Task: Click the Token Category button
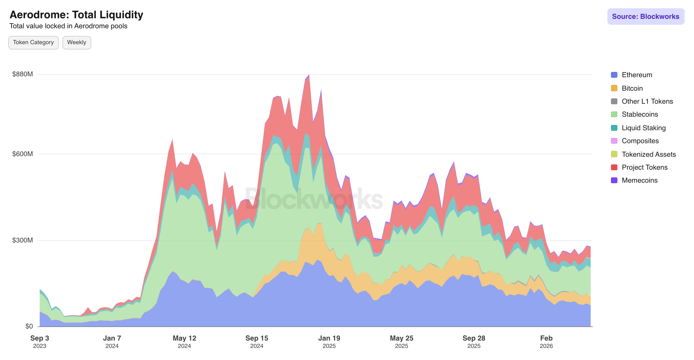click(33, 42)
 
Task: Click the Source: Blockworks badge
click(645, 16)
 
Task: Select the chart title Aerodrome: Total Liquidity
click(76, 15)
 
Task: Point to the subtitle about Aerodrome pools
click(68, 26)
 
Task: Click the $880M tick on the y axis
click(22, 74)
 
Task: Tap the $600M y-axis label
click(22, 154)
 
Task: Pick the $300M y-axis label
click(22, 240)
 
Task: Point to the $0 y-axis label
click(29, 326)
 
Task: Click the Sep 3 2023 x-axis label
click(39, 341)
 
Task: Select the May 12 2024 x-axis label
click(184, 341)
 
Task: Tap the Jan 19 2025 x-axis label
click(329, 341)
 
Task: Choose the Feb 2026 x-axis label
click(546, 341)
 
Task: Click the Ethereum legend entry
click(637, 75)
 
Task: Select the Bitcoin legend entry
click(632, 88)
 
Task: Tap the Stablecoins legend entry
click(640, 114)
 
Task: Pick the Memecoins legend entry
click(639, 180)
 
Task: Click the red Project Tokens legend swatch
click(614, 167)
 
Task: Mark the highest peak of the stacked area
click(309, 75)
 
